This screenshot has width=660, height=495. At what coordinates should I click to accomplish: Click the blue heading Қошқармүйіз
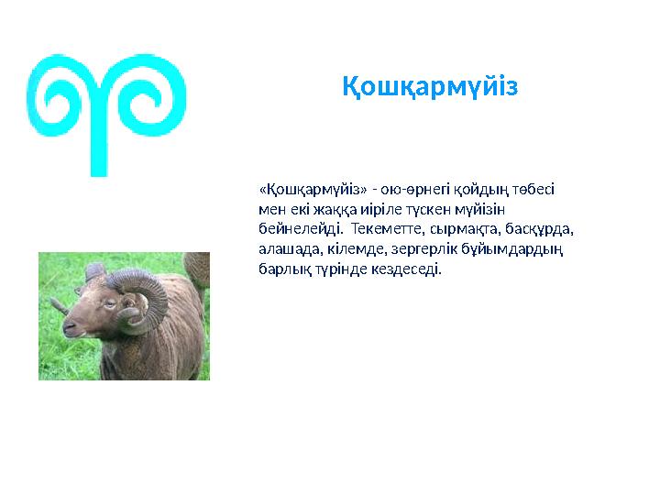click(x=430, y=88)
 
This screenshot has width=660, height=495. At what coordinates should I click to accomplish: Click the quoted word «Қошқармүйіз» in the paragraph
click(x=313, y=190)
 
